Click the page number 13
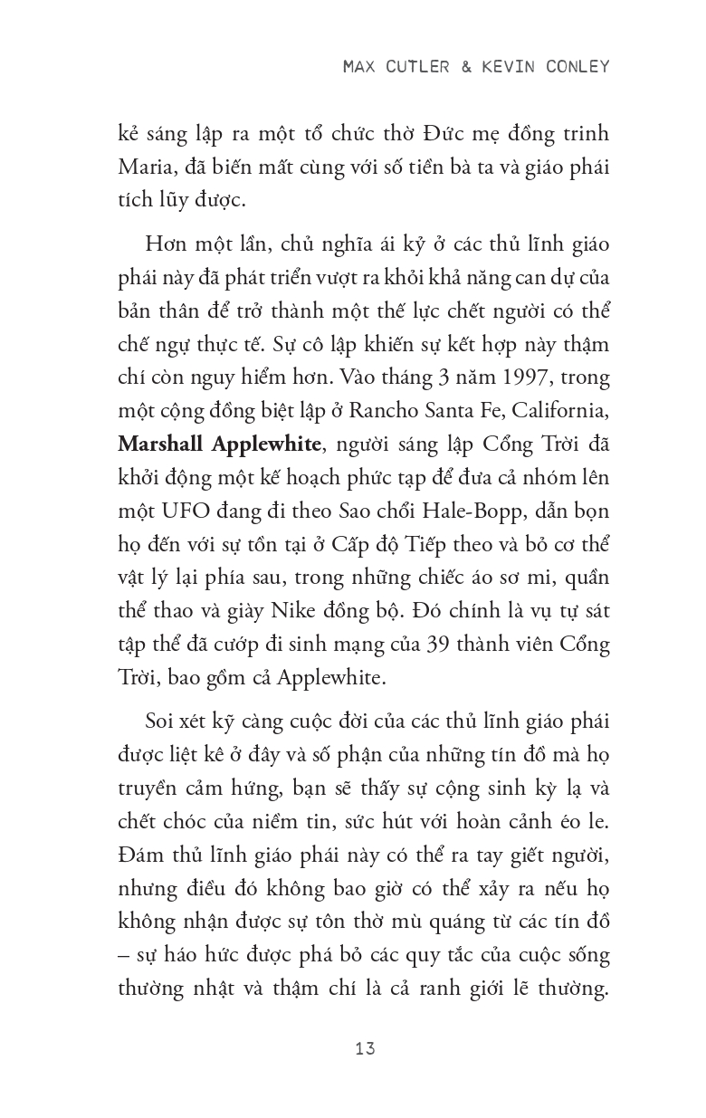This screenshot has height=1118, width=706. point(366,1049)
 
